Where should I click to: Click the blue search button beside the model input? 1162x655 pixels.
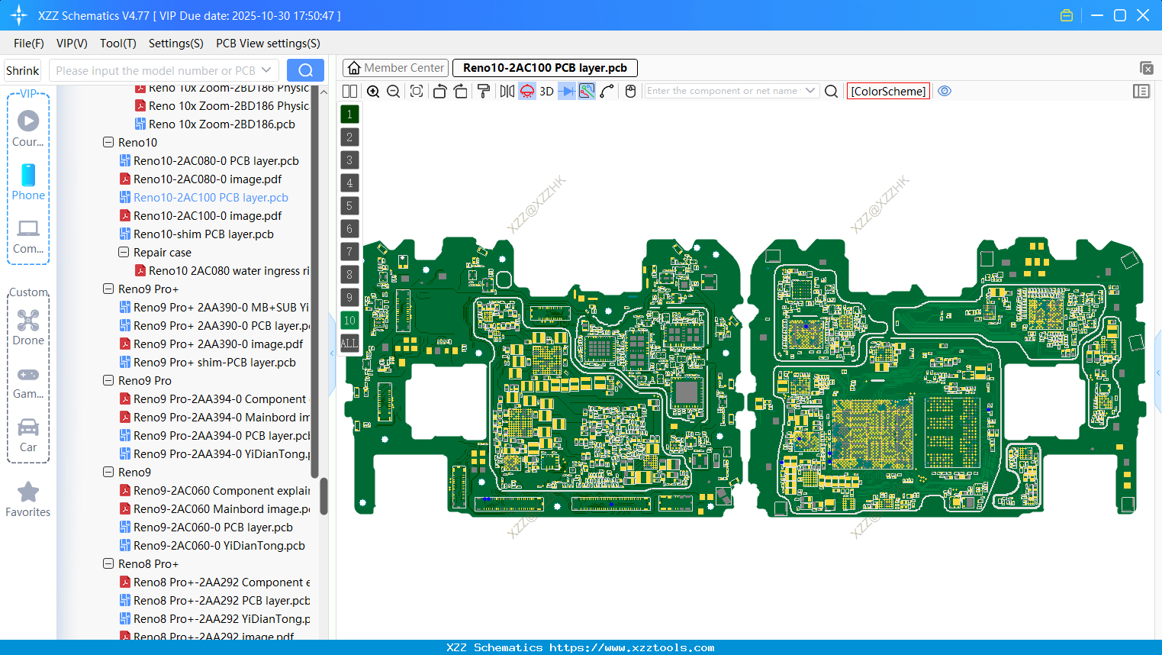[x=305, y=70]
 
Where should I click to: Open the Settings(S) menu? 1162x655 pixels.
[x=175, y=44]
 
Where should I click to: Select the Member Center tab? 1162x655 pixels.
[x=395, y=68]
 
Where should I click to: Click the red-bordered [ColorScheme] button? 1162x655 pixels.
[x=888, y=91]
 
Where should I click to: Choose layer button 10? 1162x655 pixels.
[x=349, y=321]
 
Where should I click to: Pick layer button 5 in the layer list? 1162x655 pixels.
[x=349, y=206]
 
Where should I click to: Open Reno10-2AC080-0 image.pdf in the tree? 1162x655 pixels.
[x=208, y=179]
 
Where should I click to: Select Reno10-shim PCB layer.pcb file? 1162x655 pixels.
[x=203, y=234]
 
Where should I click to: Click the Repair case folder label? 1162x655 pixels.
[x=163, y=253]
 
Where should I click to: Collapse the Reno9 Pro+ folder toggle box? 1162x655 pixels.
[x=108, y=289]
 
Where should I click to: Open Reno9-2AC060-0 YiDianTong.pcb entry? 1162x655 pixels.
[x=219, y=546]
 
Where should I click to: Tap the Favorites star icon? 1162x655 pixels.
[x=28, y=492]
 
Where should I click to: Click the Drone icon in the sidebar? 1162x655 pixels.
[x=28, y=321]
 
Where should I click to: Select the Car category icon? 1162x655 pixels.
[x=28, y=428]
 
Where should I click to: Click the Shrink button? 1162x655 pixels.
[x=22, y=70]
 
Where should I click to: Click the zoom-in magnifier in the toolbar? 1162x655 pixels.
[x=373, y=92]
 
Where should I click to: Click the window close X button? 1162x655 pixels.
[x=1143, y=15]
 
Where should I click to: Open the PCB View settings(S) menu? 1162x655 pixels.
[x=268, y=44]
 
